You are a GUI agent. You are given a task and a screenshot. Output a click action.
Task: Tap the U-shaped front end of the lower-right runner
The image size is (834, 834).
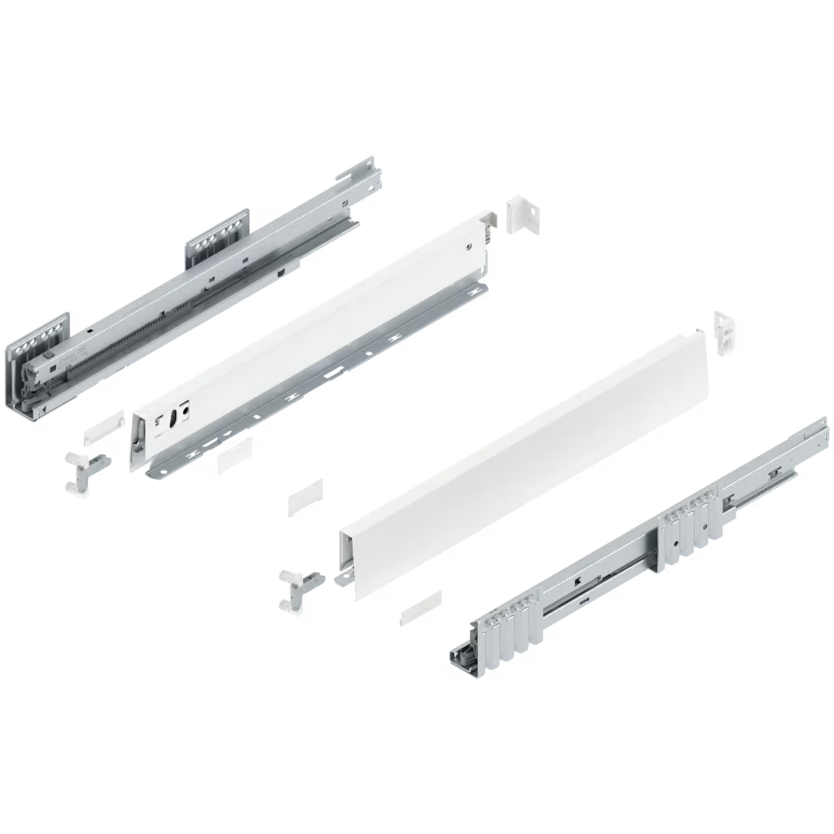pos(463,656)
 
